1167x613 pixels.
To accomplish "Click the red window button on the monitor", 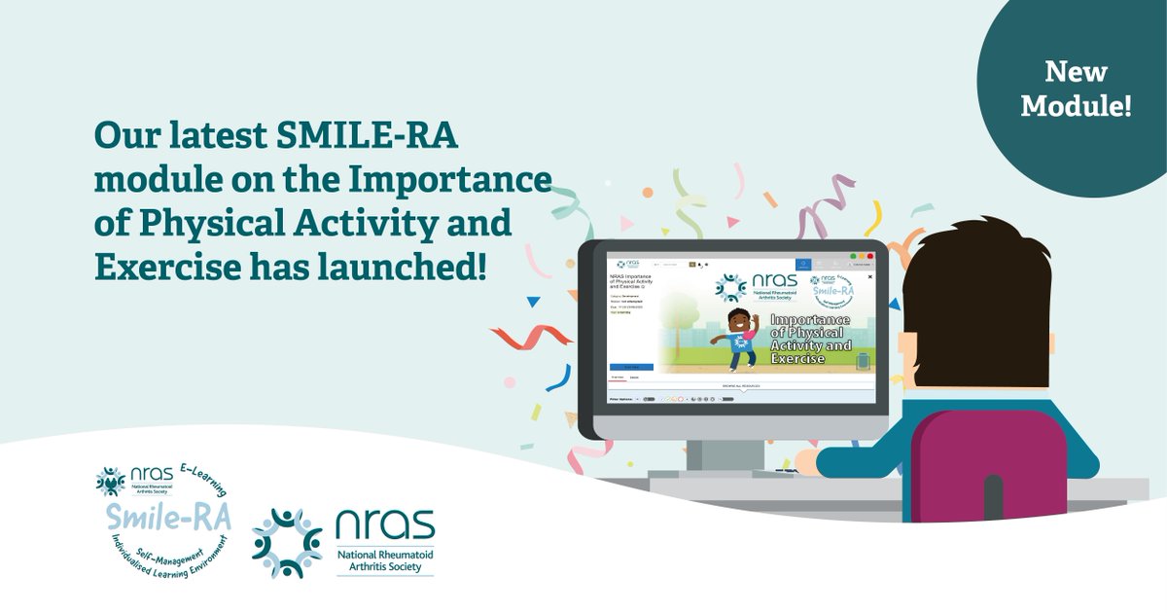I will point(868,257).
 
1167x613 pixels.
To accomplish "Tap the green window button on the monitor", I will point(853,257).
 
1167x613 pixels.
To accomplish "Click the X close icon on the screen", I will point(869,276).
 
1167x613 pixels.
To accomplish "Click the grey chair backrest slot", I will point(993,496).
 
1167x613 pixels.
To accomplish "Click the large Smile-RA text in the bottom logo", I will point(166,519).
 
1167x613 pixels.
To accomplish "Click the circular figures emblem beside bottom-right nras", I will point(286,543).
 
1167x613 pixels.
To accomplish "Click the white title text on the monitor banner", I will point(809,339).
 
